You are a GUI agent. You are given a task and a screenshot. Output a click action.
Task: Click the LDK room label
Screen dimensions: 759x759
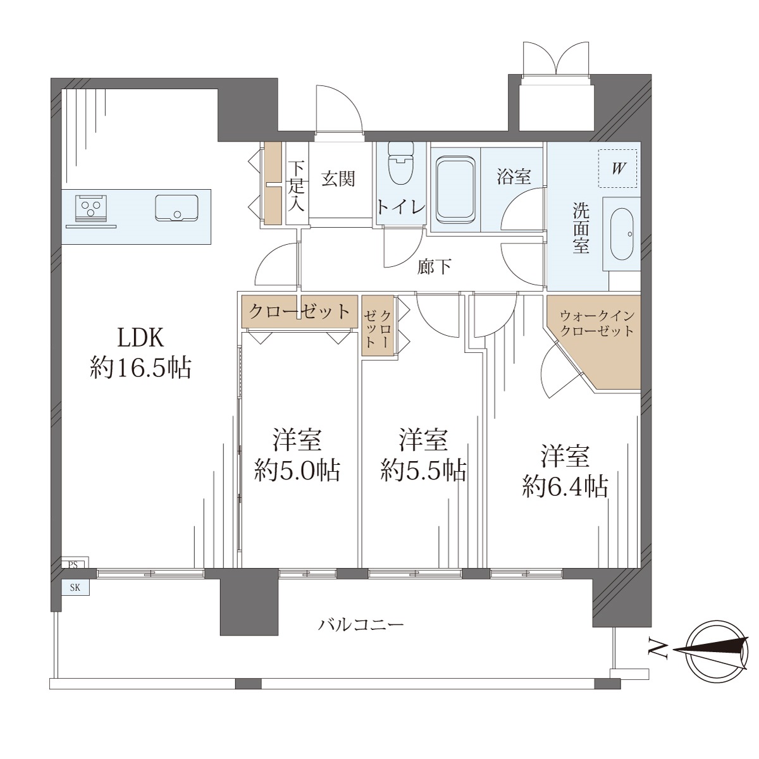tap(140, 338)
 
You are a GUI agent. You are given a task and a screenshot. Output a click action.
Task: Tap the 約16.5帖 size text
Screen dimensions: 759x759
tap(140, 368)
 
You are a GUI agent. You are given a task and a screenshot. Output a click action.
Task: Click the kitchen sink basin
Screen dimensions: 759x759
tap(176, 208)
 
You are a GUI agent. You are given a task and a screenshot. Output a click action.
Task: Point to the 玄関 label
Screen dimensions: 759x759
tap(338, 178)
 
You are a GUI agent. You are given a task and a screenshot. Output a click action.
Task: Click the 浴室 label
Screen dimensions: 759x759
tap(514, 176)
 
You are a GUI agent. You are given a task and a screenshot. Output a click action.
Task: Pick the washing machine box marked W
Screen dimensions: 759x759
tap(617, 169)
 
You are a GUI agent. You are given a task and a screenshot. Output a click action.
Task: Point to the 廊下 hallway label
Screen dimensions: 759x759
tap(434, 267)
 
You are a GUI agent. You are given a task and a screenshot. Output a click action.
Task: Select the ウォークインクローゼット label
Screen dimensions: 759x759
tap(597, 323)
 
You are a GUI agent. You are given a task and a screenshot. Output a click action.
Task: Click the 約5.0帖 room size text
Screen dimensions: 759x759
tap(297, 471)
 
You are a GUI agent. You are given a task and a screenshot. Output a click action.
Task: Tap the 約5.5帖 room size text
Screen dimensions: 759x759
tap(423, 471)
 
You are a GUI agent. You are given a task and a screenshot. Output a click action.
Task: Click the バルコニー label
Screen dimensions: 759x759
tap(361, 625)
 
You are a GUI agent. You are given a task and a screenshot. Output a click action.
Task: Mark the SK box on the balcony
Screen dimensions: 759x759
tap(75, 587)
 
